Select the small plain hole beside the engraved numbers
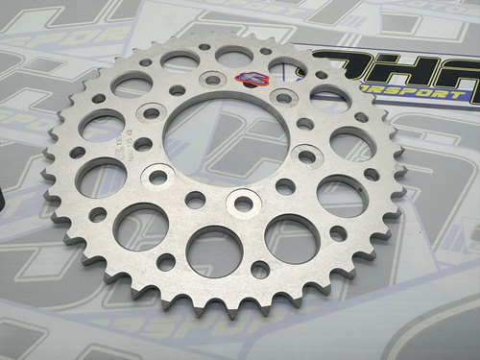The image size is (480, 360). [143, 144]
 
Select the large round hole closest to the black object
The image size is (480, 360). [101, 177]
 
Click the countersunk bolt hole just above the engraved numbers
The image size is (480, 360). [151, 113]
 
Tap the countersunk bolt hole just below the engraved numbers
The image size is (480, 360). [158, 177]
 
